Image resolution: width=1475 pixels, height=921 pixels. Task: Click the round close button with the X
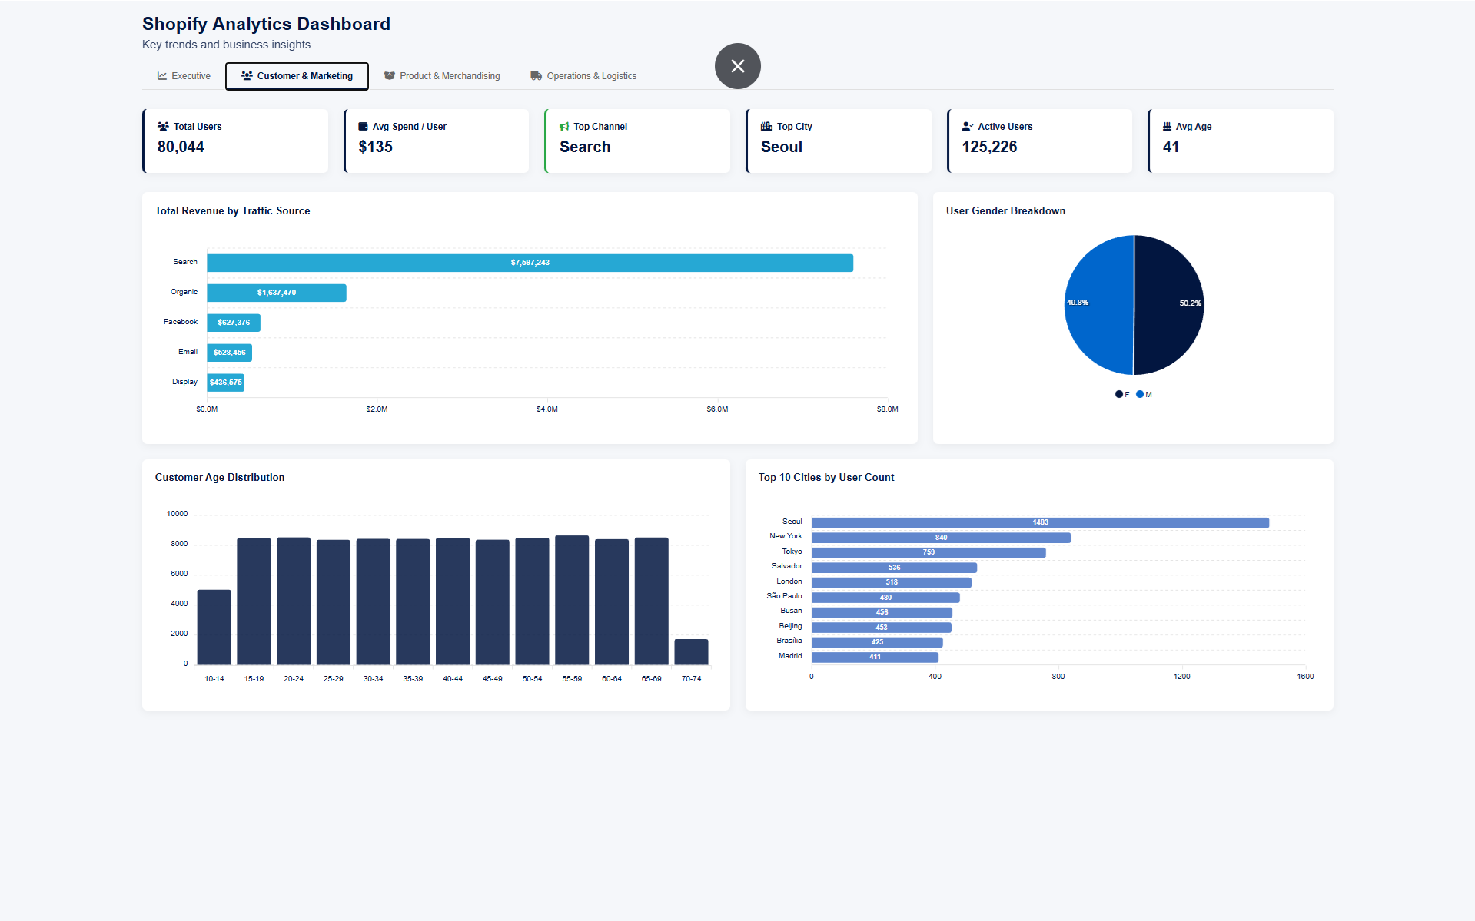coord(737,66)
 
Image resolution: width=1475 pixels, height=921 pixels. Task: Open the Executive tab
coord(184,76)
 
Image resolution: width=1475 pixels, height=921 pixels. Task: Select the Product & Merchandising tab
coord(442,76)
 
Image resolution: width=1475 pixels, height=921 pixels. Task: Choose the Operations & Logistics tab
coord(583,76)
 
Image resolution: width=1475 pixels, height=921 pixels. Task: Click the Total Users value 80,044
coord(181,147)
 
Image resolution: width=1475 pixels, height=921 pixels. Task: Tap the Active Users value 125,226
coord(989,147)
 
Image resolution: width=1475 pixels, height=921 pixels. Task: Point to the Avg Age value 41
coord(1171,147)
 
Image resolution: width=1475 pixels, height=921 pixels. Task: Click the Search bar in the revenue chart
coord(530,263)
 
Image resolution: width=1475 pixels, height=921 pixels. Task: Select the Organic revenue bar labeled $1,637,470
coord(276,293)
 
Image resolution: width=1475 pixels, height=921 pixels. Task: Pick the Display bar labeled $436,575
coord(225,383)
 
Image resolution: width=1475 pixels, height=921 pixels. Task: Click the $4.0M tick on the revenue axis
coord(546,409)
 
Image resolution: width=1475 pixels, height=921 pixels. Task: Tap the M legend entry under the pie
coord(1144,395)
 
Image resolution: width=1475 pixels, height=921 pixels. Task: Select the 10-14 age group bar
coord(214,627)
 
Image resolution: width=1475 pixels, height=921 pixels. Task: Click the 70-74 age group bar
coord(691,651)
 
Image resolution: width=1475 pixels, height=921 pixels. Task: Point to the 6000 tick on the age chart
coord(178,574)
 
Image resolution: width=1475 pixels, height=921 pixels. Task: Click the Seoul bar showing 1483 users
coord(1039,522)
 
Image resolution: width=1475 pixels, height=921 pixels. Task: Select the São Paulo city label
coord(784,596)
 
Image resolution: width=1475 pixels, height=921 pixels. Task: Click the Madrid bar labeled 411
coord(875,657)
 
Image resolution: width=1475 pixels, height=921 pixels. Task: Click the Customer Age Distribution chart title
coord(220,477)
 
